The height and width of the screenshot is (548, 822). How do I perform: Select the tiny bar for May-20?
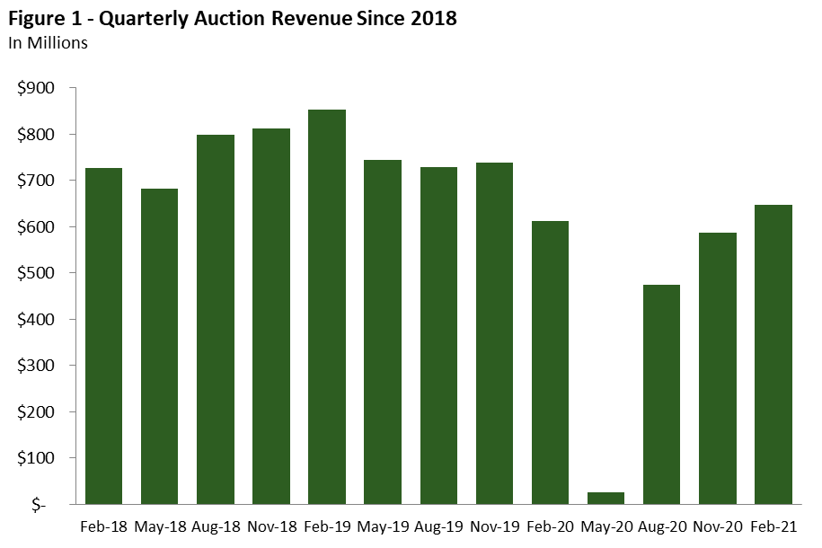(605, 498)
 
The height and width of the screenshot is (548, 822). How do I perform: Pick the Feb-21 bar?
(773, 354)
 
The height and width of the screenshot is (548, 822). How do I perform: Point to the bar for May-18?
(159, 346)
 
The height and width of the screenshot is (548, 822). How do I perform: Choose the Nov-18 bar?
(270, 315)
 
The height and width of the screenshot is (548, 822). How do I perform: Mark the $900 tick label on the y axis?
(37, 88)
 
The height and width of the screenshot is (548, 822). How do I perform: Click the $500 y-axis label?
(37, 273)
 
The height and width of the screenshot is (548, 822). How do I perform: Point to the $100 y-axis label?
(37, 458)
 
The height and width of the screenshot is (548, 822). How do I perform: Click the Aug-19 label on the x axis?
(438, 526)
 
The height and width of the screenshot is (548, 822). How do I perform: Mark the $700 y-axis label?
(37, 181)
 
